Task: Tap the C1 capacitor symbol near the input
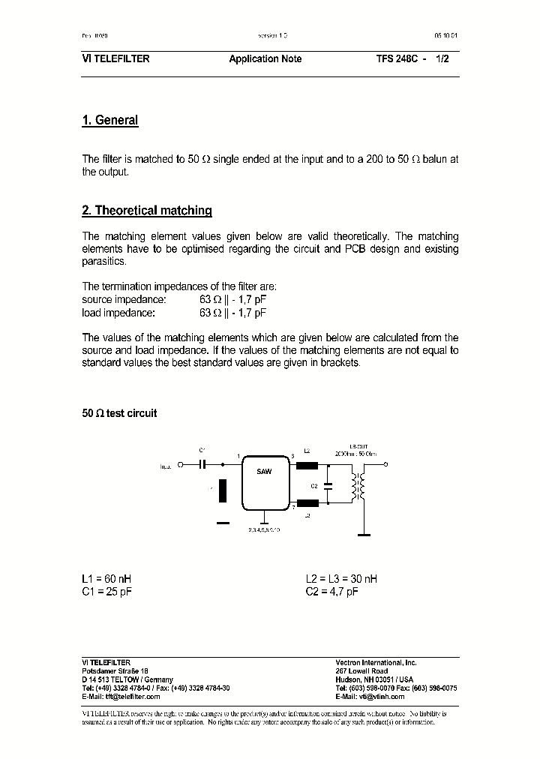[x=202, y=465]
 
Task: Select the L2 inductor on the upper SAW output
[x=307, y=465]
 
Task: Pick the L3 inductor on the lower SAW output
[x=307, y=503]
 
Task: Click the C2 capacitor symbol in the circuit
[x=326, y=485]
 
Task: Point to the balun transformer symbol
[x=358, y=485]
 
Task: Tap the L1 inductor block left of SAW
[x=222, y=490]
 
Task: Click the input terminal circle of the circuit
[x=180, y=465]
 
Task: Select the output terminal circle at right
[x=385, y=465]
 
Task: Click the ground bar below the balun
[x=364, y=535]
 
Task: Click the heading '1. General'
[x=109, y=120]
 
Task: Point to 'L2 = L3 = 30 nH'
[x=341, y=579]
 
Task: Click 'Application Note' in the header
[x=265, y=58]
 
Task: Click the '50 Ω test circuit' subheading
[x=119, y=413]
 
